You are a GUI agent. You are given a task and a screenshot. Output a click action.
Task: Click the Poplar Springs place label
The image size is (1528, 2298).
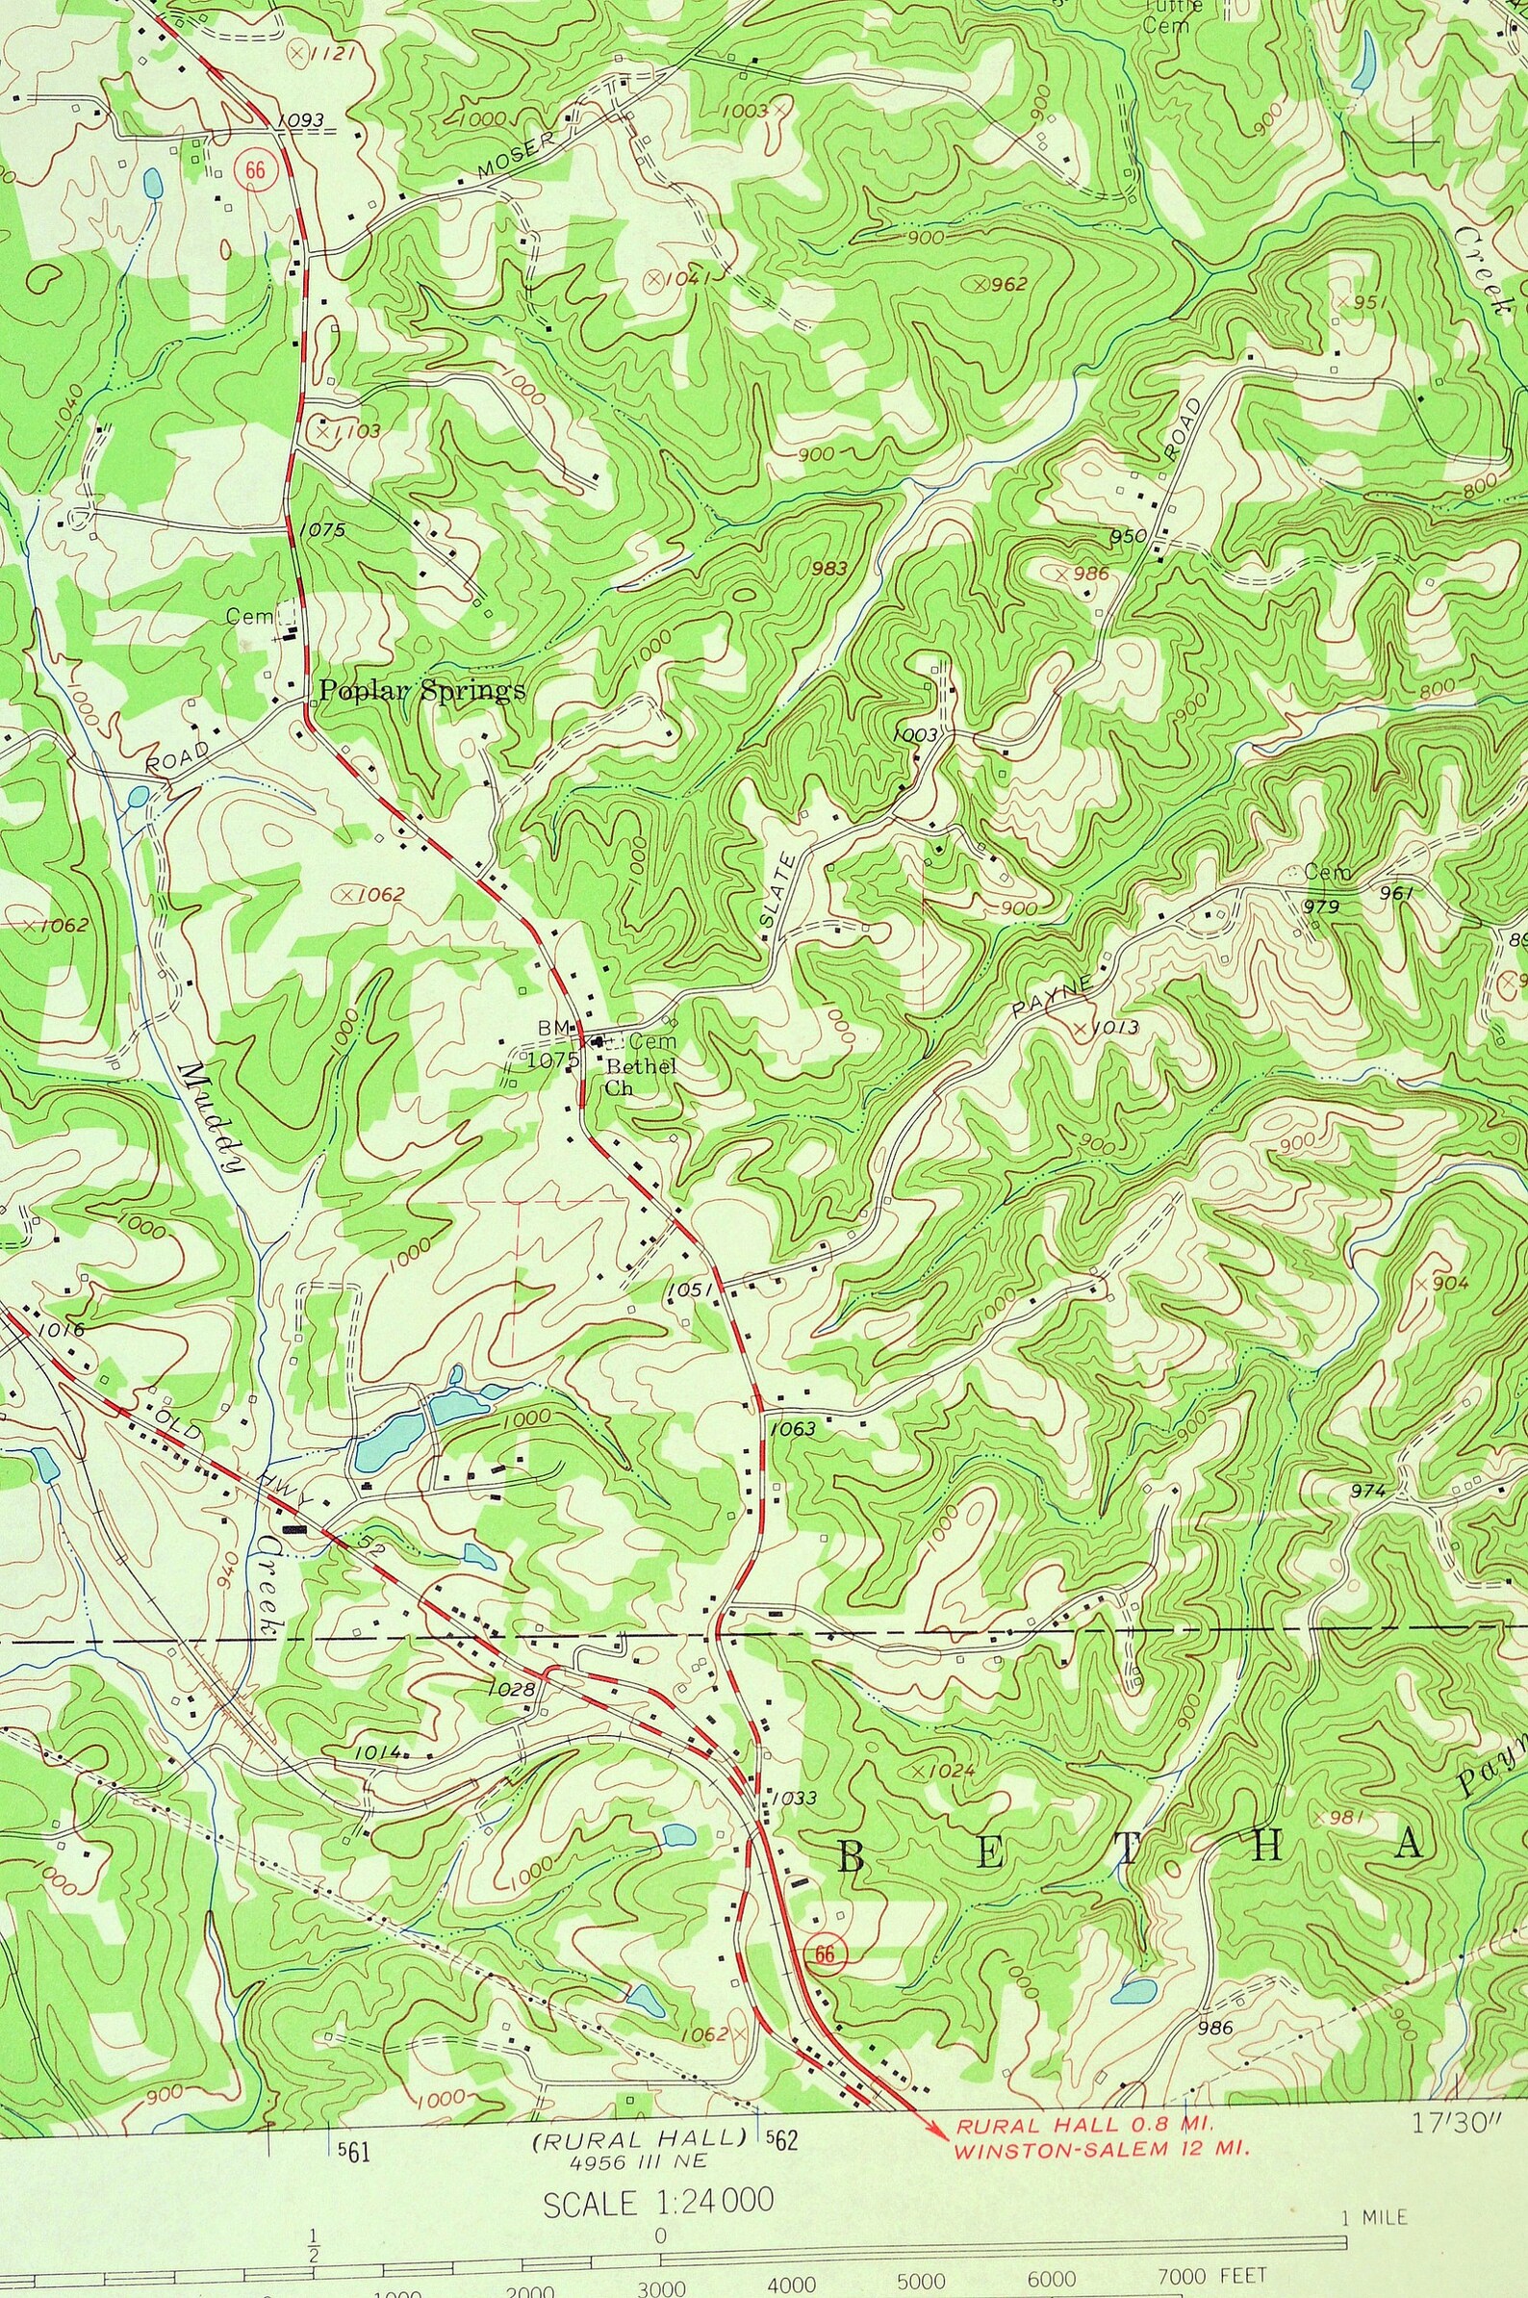(x=423, y=691)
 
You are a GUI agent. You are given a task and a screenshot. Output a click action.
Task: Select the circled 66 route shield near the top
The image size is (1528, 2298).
(x=255, y=168)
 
